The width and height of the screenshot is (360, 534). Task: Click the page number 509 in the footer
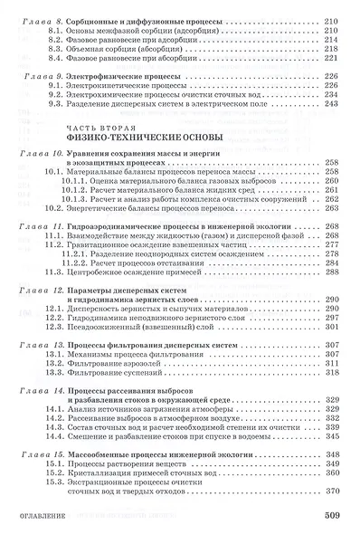pyautogui.click(x=336, y=517)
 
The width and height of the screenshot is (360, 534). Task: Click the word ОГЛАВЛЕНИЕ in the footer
pyautogui.click(x=33, y=518)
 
